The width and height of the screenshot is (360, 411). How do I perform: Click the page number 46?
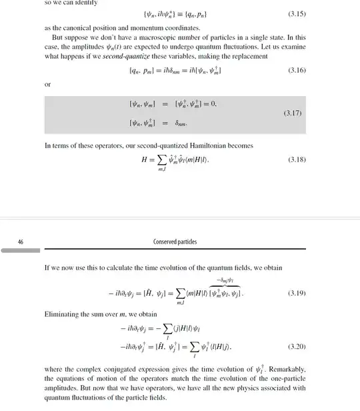point(21,242)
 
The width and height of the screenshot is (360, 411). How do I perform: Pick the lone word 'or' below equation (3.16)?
point(47,85)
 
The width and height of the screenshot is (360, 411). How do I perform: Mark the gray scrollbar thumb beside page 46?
point(20,252)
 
